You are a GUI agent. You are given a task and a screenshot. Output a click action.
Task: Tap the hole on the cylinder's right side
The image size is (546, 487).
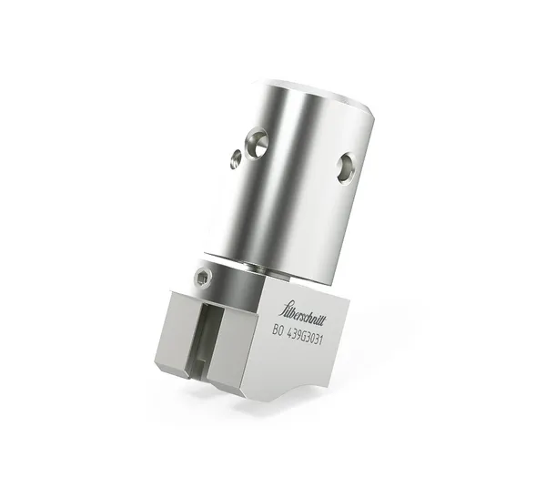click(347, 166)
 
